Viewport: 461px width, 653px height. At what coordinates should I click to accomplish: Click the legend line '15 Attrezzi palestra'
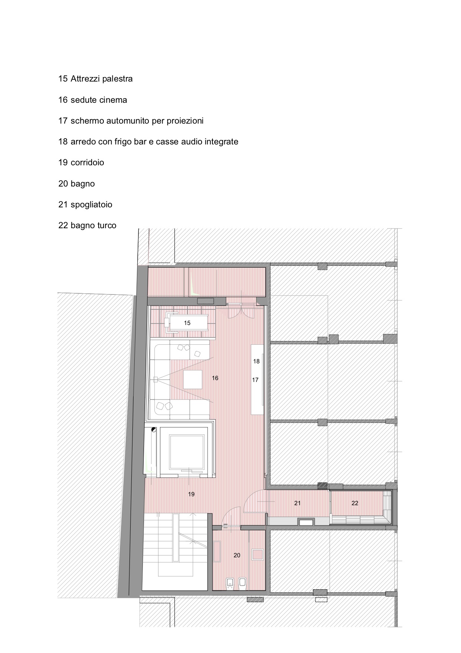(96, 79)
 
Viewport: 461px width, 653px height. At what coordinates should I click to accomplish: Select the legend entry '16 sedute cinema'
(93, 100)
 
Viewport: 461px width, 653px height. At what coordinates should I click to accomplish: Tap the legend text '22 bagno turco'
(87, 225)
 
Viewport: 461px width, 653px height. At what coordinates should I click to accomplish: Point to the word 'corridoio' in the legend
(87, 162)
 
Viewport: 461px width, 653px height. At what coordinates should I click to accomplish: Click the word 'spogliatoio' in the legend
(91, 204)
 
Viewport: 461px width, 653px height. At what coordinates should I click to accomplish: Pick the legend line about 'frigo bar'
(148, 141)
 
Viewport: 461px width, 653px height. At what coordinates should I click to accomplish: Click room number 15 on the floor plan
(187, 323)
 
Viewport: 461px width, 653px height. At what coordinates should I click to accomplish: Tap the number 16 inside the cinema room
(215, 378)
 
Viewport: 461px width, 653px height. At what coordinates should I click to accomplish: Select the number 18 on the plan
(256, 361)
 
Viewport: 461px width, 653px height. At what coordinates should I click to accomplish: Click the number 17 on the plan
(255, 380)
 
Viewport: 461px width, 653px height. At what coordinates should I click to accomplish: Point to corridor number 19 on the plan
(191, 494)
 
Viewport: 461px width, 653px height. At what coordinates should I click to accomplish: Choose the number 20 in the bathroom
(237, 555)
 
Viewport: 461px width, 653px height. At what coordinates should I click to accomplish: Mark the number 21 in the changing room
(297, 503)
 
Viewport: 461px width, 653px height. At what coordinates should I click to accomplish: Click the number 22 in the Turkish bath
(355, 503)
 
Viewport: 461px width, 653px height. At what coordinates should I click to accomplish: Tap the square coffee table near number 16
(193, 379)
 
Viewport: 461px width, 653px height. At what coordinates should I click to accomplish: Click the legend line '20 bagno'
(77, 184)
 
